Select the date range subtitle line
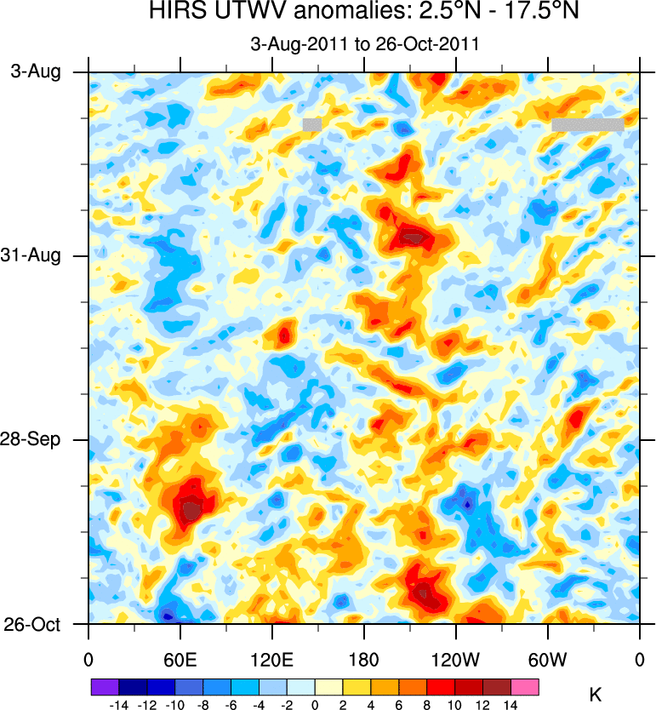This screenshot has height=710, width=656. [x=364, y=44]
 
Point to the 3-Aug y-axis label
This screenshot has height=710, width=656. [x=36, y=72]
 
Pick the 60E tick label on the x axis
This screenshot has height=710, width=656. [x=180, y=658]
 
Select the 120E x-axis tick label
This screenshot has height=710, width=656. [x=271, y=658]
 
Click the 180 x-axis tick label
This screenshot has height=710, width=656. [x=363, y=658]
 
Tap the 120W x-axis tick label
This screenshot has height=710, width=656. [x=455, y=658]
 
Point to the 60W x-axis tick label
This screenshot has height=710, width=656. [x=547, y=658]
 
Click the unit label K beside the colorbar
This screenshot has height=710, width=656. [x=596, y=696]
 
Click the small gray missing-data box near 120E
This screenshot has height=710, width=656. [x=312, y=124]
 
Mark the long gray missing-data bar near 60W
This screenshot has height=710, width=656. [x=587, y=124]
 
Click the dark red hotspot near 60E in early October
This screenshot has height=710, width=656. [x=192, y=510]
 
